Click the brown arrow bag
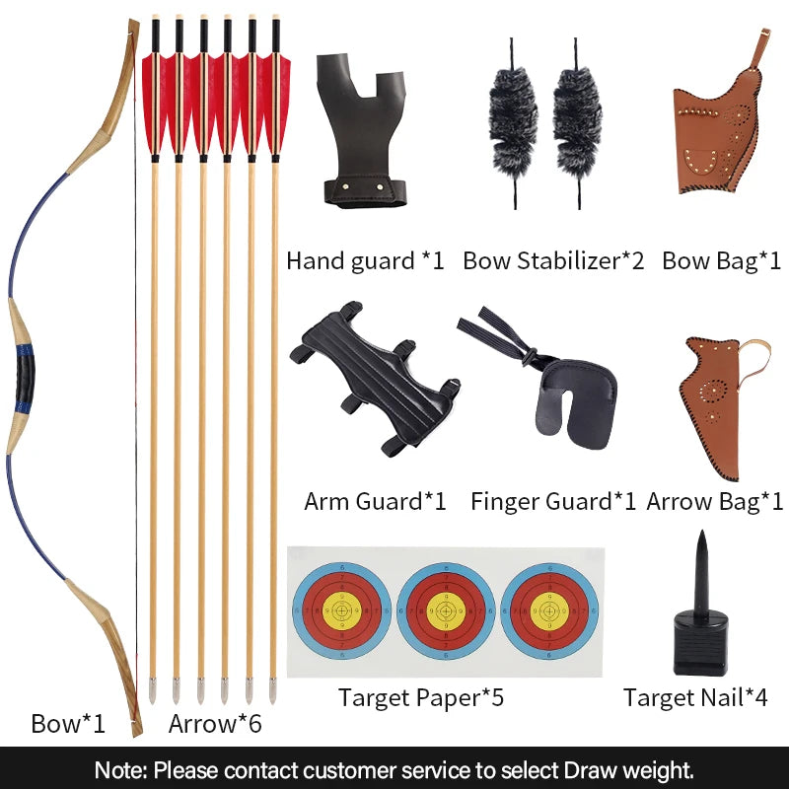click(x=713, y=399)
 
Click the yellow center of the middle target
click(x=445, y=611)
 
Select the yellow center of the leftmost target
click(x=341, y=611)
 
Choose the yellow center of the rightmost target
click(x=548, y=611)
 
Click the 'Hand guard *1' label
click(x=365, y=261)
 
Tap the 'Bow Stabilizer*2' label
click(x=553, y=261)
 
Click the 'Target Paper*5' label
click(x=421, y=698)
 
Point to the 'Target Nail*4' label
click(x=695, y=698)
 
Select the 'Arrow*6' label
click(x=215, y=724)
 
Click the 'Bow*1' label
click(x=68, y=724)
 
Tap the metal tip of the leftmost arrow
click(x=153, y=690)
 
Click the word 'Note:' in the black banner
click(x=121, y=768)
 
